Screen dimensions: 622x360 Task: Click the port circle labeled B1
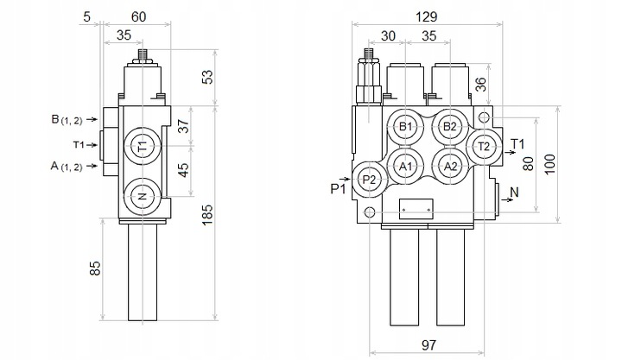click(x=405, y=127)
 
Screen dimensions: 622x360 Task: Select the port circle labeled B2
click(x=450, y=127)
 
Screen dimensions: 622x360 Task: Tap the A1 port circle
click(x=405, y=166)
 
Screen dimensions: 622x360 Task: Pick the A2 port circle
click(x=450, y=166)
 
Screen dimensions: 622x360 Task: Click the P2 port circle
click(x=369, y=180)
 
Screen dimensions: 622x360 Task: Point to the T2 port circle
click(x=484, y=147)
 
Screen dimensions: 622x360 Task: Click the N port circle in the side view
click(x=143, y=196)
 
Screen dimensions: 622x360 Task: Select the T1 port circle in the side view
click(x=143, y=146)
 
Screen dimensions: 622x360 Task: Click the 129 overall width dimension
click(x=427, y=17)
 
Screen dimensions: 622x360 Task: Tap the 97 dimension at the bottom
click(x=428, y=345)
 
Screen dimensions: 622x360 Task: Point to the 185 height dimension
click(x=207, y=215)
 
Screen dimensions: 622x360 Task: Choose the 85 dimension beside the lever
click(x=95, y=268)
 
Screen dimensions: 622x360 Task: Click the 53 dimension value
click(x=207, y=77)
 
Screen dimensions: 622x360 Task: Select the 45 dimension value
click(x=183, y=170)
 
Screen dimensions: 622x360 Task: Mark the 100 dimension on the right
click(x=549, y=164)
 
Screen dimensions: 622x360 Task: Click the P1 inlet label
click(x=339, y=189)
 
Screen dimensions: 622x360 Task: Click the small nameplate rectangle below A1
click(x=416, y=209)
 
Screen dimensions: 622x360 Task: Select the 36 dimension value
click(x=480, y=84)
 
